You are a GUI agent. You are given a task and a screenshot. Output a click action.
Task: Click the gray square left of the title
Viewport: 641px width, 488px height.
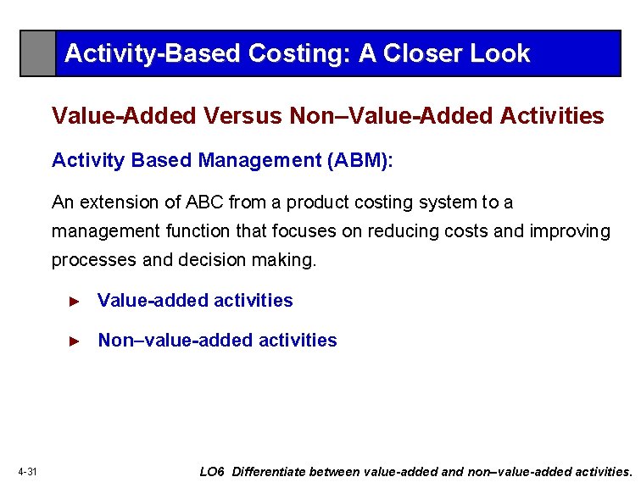[x=38, y=53]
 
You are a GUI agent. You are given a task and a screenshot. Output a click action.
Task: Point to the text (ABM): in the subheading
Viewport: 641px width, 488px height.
[x=360, y=160]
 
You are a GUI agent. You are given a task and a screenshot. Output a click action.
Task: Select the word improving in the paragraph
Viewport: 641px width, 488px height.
[x=570, y=231]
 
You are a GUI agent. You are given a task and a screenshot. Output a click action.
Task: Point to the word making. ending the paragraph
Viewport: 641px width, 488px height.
[x=284, y=260]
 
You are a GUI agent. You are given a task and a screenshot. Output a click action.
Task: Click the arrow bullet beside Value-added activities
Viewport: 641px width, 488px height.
[x=74, y=301]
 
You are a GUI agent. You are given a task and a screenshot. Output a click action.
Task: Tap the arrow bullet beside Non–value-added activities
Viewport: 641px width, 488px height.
[x=74, y=341]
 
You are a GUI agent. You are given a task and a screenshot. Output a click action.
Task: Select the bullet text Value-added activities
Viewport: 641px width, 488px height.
[x=195, y=301]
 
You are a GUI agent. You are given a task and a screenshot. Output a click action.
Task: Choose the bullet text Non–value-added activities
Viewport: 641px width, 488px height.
[x=217, y=341]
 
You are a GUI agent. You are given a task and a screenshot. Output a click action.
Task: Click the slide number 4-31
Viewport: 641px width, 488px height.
[x=27, y=472]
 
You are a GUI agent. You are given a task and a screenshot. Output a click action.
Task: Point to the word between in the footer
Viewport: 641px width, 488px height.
[x=336, y=472]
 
